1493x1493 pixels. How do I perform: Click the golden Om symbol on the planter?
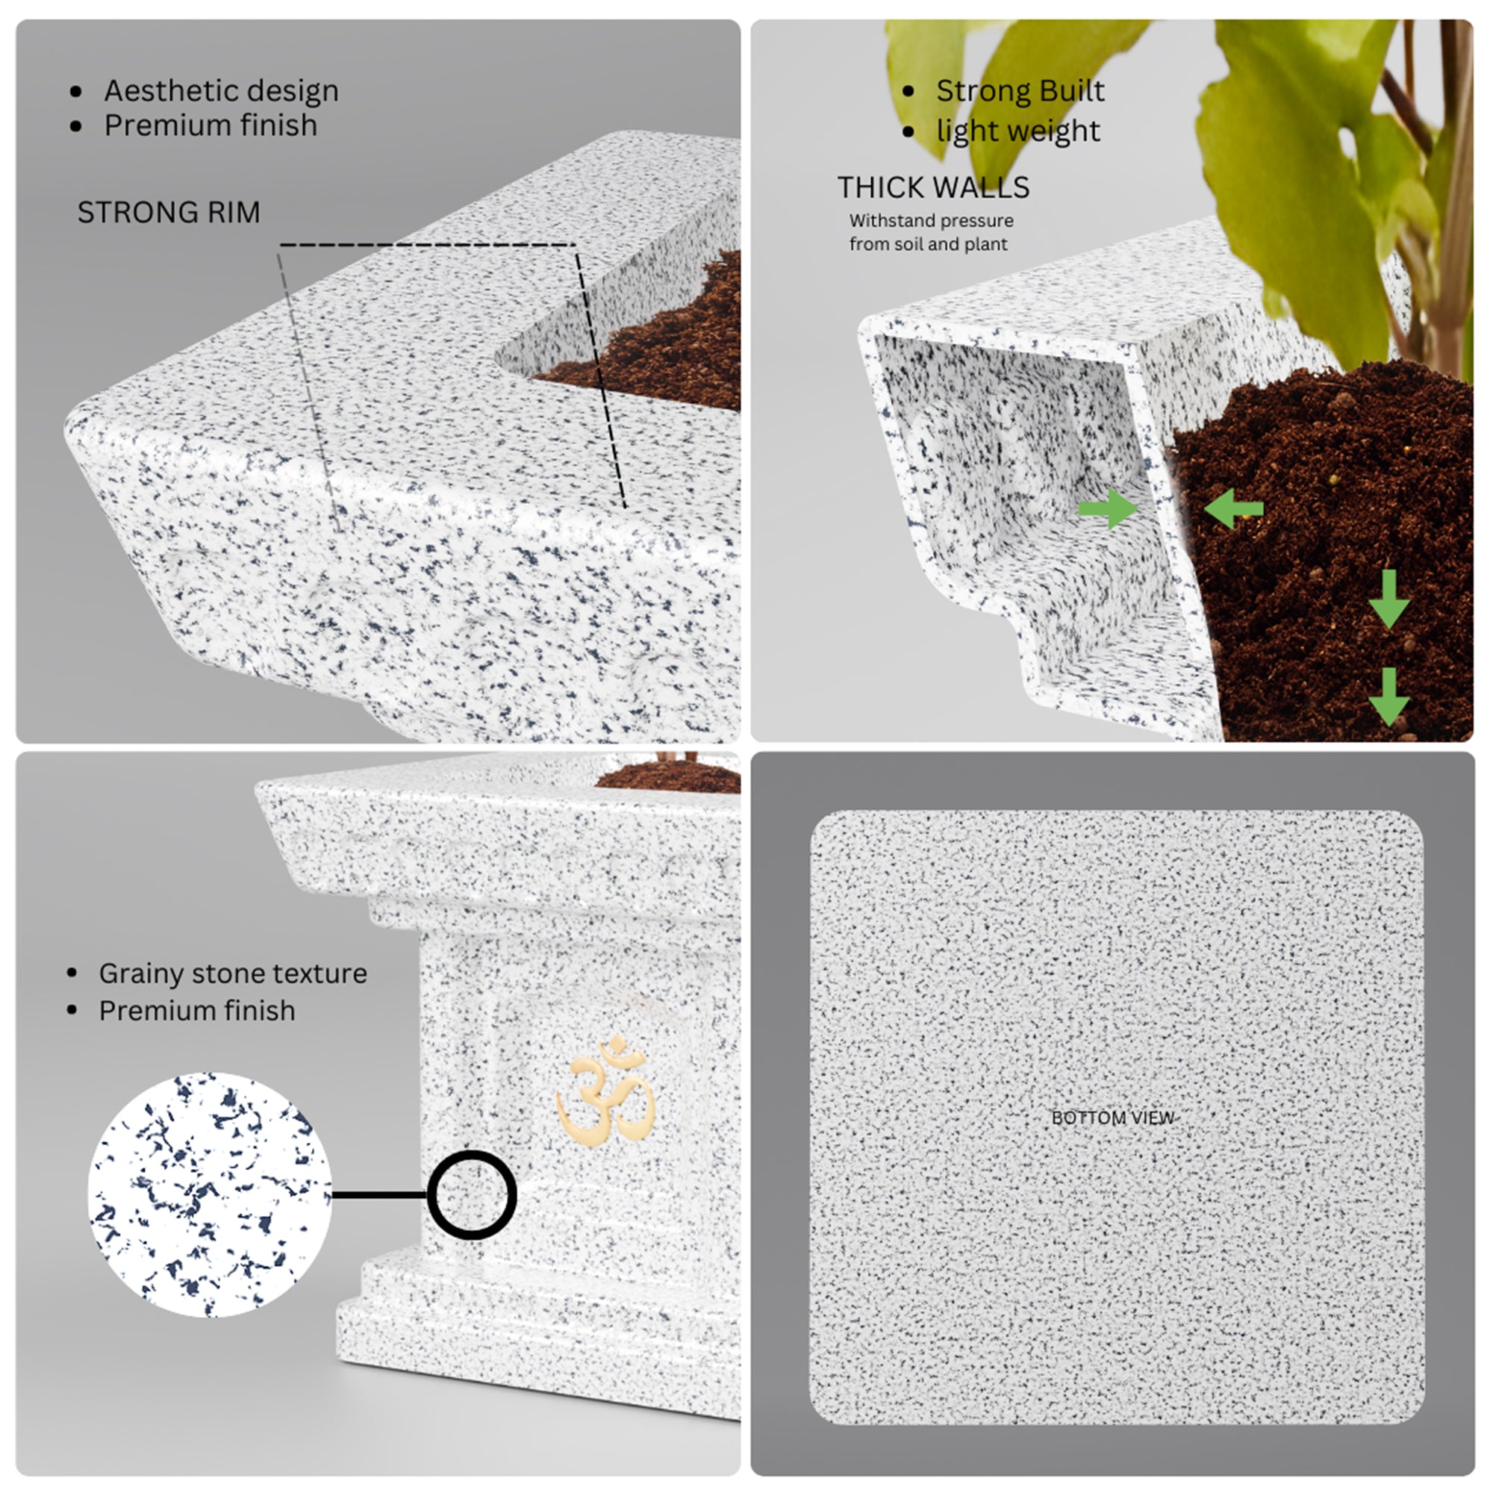point(605,1091)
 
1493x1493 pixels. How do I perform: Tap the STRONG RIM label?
point(169,213)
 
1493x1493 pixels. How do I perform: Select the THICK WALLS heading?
point(934,187)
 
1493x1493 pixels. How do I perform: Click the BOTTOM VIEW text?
point(1113,1118)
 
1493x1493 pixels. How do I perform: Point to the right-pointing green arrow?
point(1108,508)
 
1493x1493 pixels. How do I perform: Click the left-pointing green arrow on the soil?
point(1233,508)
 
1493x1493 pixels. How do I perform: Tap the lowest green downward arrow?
point(1389,696)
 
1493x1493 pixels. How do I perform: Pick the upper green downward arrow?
point(1389,599)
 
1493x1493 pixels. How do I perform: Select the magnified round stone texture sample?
point(211,1194)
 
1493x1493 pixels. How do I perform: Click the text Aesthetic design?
point(221,91)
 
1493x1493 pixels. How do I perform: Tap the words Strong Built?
point(1020,91)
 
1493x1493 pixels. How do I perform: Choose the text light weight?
point(1017,131)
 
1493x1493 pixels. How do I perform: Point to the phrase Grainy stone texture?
point(233,973)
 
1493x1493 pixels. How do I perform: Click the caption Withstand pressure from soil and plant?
point(931,232)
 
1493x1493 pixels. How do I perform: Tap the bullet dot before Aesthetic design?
point(75,92)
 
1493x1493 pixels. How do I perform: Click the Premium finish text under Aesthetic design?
point(211,125)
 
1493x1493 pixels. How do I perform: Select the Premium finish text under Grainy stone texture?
point(197,1011)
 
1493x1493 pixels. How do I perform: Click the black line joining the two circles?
point(379,1194)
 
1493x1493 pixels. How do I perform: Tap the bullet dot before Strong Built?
point(908,92)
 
